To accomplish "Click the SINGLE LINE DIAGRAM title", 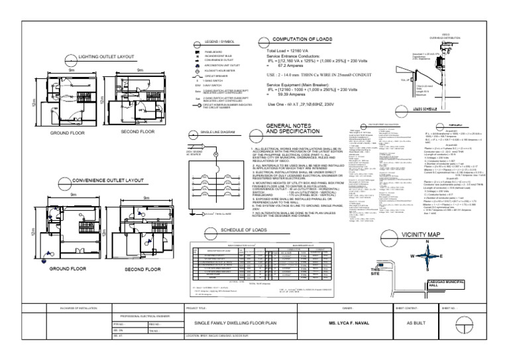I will pyautogui.click(x=219, y=133).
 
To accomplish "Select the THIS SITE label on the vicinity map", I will pyautogui.click(x=376, y=272).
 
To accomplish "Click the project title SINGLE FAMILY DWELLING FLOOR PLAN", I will pyautogui.click(x=236, y=322).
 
